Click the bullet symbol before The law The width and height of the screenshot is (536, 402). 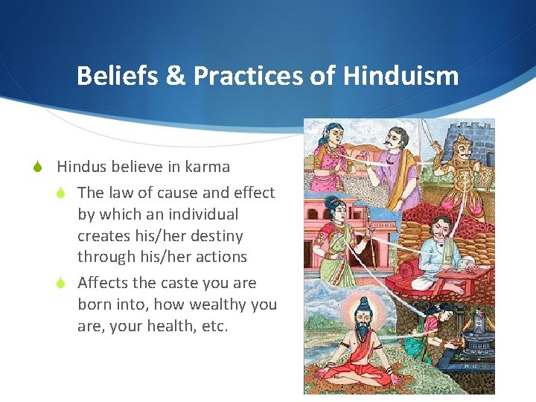click(63, 193)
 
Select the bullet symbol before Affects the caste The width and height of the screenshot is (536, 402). click(63, 283)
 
